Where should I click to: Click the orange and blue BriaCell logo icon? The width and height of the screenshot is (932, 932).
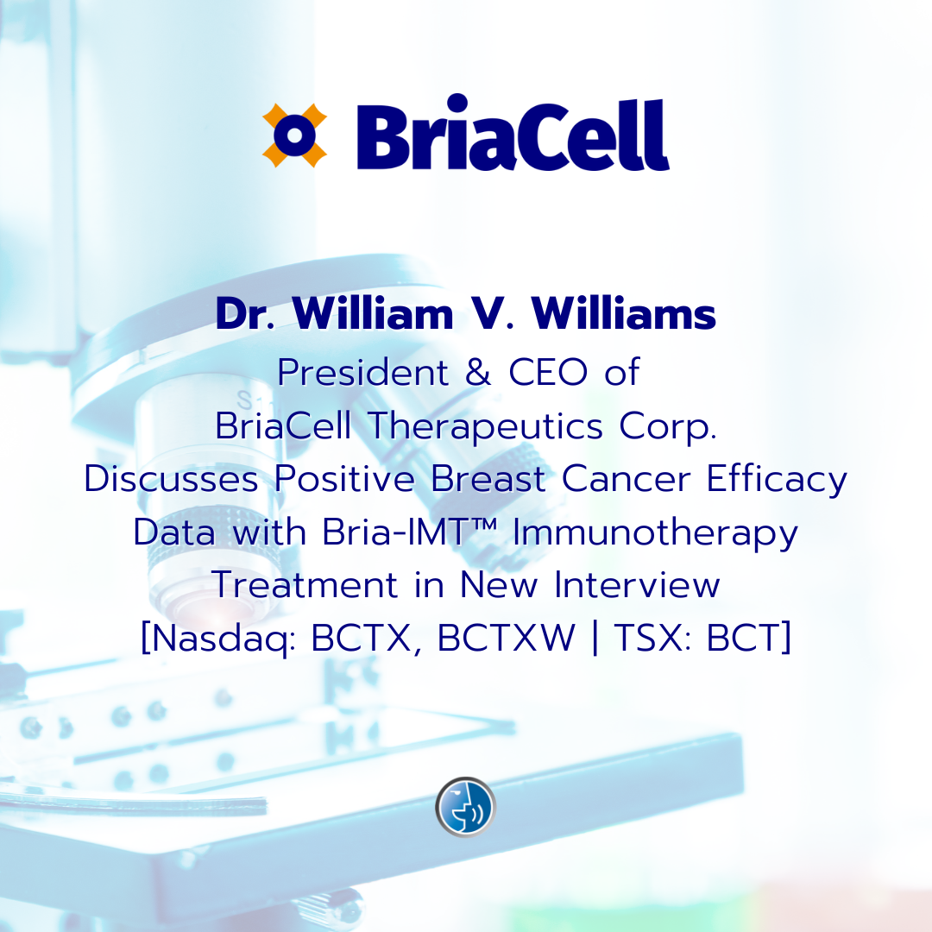pos(295,135)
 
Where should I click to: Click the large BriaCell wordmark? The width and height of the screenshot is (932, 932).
pos(513,133)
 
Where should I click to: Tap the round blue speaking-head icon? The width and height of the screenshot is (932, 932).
pos(465,807)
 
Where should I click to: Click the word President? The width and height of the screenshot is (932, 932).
pos(362,373)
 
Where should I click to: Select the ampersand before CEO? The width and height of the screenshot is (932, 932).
pos(478,373)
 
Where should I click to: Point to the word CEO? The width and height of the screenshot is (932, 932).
pos(548,373)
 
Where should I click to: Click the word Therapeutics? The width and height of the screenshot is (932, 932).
pos(486,427)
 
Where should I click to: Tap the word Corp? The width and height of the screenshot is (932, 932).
pos(667,427)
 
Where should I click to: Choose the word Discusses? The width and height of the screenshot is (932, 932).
pos(171,478)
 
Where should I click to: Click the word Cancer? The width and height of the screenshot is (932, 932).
pos(626,478)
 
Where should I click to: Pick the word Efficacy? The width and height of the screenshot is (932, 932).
pos(777,480)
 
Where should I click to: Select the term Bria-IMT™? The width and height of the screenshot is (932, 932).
pos(410,532)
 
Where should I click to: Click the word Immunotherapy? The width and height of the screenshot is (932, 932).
pos(655,533)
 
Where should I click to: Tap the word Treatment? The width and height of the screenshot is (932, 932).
pos(305,585)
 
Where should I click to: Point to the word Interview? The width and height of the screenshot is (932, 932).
pos(637,585)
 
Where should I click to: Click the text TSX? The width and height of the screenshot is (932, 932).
pos(652,638)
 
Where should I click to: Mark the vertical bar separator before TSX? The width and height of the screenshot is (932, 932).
pos(595,639)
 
